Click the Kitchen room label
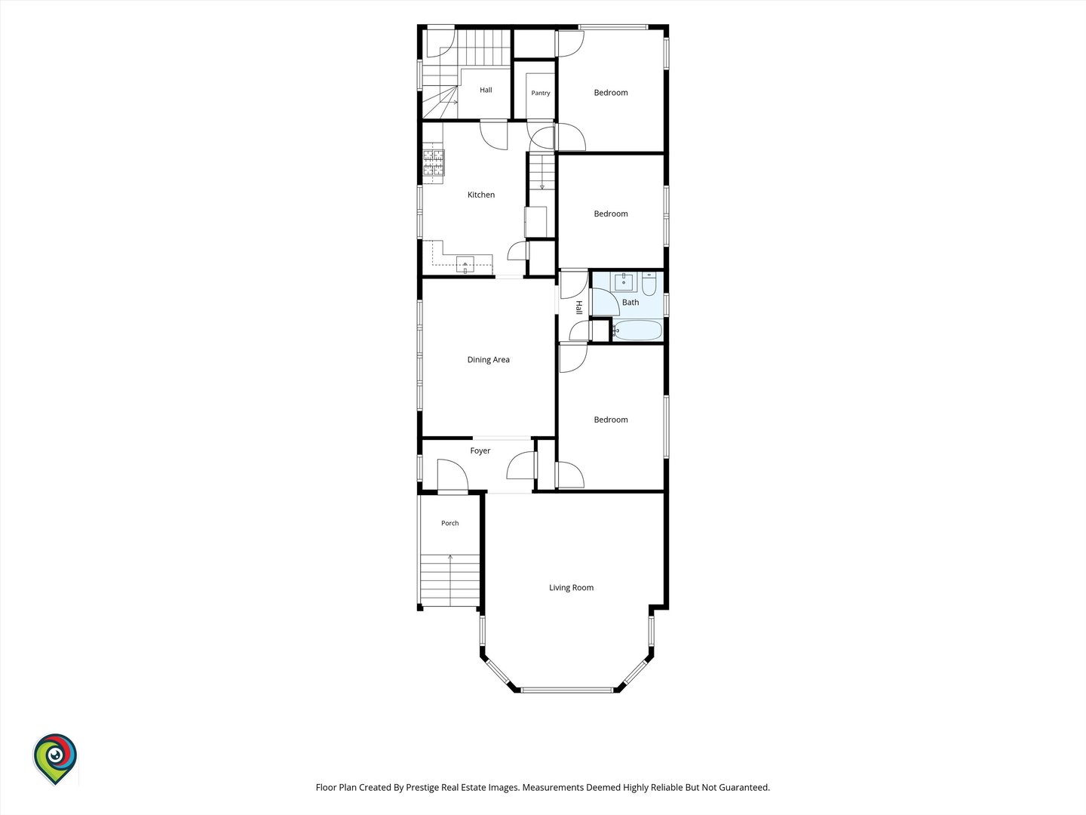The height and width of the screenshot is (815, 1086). pyautogui.click(x=481, y=195)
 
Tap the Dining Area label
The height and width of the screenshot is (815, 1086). pyautogui.click(x=489, y=360)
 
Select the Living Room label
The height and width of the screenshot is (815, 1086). pyautogui.click(x=571, y=588)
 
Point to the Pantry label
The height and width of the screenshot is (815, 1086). pyautogui.click(x=540, y=93)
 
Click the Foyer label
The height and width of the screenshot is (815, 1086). pyautogui.click(x=480, y=451)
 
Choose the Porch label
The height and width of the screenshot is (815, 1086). pyautogui.click(x=449, y=523)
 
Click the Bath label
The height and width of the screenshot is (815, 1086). pyautogui.click(x=630, y=303)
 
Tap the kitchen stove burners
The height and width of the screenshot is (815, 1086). pyautogui.click(x=434, y=163)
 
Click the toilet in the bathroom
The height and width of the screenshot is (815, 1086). pyautogui.click(x=649, y=284)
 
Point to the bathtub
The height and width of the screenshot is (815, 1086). pyautogui.click(x=637, y=330)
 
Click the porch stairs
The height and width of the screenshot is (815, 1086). pyautogui.click(x=449, y=580)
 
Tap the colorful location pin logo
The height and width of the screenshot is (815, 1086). pyautogui.click(x=55, y=758)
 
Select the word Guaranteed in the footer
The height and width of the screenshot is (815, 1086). pyautogui.click(x=744, y=787)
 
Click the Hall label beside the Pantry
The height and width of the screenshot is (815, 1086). pyautogui.click(x=486, y=90)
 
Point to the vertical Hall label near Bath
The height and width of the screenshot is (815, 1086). pyautogui.click(x=578, y=307)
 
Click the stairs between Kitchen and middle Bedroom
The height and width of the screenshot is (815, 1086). pyautogui.click(x=541, y=172)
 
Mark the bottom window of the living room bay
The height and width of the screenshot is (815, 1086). pyautogui.click(x=567, y=689)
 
